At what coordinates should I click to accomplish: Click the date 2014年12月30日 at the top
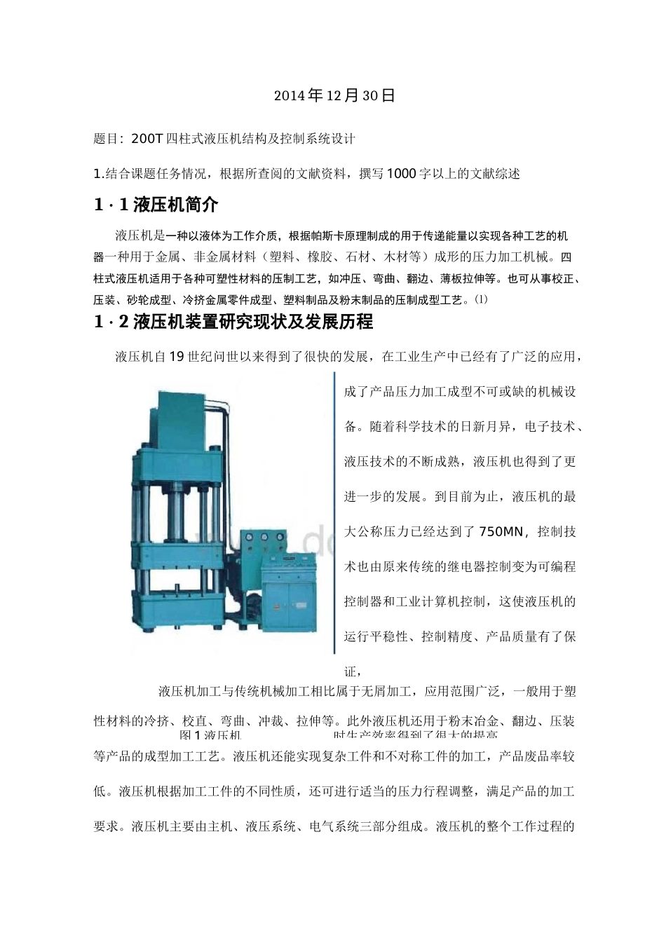(334, 95)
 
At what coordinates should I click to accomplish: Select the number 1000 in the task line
(400, 174)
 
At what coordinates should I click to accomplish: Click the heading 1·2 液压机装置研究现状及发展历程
(233, 322)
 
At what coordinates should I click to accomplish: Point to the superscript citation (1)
(480, 299)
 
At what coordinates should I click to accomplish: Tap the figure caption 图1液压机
(210, 735)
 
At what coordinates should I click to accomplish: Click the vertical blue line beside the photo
(334, 512)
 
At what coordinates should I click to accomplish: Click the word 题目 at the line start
(105, 139)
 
